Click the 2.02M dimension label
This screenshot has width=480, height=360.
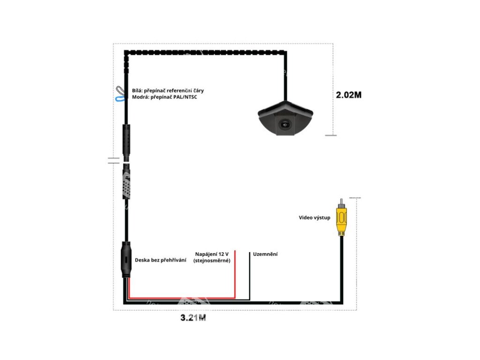tap(349, 94)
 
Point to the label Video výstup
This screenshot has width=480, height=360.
tap(315, 217)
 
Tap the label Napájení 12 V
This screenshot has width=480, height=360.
tap(212, 254)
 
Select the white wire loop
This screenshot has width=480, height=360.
tap(119, 90)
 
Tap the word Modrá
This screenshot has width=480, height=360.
tap(140, 97)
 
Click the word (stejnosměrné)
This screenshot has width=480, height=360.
tap(212, 260)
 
